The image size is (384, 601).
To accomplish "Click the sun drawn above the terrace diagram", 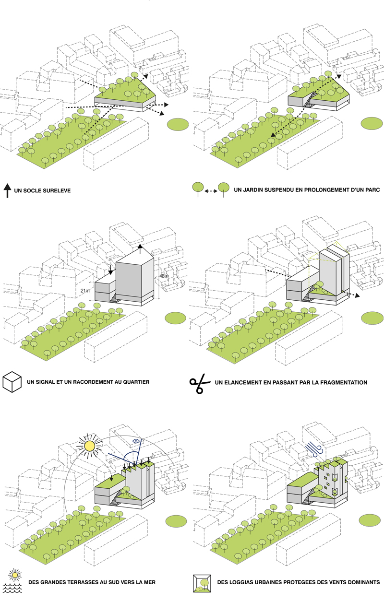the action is [x=89, y=446].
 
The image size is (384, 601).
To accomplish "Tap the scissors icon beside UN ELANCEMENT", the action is [x=200, y=383].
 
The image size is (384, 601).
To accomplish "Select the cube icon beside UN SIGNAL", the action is [x=12, y=382].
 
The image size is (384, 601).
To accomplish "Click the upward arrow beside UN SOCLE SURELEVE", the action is [x=8, y=191].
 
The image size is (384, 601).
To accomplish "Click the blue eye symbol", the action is [x=136, y=441].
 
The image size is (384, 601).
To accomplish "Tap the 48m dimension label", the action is [x=164, y=276].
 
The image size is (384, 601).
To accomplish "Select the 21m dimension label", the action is [x=85, y=291].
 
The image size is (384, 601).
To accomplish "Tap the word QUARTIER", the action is [x=136, y=382].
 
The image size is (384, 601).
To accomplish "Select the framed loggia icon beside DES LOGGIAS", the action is [x=202, y=583].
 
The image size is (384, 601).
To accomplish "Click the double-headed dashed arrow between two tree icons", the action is [x=211, y=191].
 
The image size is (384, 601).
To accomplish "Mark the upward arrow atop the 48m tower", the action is [x=140, y=249].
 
